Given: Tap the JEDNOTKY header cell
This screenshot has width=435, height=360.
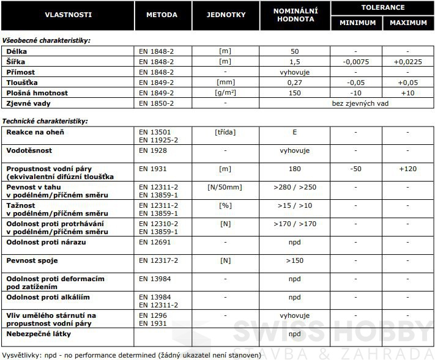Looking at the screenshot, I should pyautogui.click(x=226, y=15).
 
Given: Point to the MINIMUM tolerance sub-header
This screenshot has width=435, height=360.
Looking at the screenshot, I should pyautogui.click(x=357, y=23).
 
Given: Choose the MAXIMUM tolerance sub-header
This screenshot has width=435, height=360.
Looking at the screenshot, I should pyautogui.click(x=408, y=23).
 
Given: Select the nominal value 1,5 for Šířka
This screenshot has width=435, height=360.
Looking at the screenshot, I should pyautogui.click(x=295, y=62).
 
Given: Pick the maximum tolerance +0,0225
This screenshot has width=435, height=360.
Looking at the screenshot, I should pyautogui.click(x=408, y=62).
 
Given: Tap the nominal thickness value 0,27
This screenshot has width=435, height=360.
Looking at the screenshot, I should pyautogui.click(x=295, y=83).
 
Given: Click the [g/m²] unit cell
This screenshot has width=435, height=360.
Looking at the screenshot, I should pyautogui.click(x=225, y=93).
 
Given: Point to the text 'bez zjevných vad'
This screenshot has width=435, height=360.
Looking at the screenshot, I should pyautogui.click(x=360, y=103).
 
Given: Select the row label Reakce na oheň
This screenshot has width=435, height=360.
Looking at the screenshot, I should pyautogui.click(x=35, y=132).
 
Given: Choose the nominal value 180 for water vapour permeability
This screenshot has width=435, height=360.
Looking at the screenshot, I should pyautogui.click(x=295, y=169).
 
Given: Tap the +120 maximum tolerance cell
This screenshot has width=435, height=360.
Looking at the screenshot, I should pyautogui.click(x=408, y=169).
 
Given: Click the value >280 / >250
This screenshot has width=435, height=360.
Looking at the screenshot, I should pyautogui.click(x=295, y=187).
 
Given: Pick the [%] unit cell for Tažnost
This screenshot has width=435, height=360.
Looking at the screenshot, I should pyautogui.click(x=225, y=205).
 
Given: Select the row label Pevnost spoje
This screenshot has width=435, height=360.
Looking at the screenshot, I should pyautogui.click(x=32, y=260).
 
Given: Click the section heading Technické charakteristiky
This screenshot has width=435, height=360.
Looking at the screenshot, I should pyautogui.click(x=45, y=121).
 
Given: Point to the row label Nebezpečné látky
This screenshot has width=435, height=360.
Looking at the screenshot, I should pyautogui.click(x=39, y=334).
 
